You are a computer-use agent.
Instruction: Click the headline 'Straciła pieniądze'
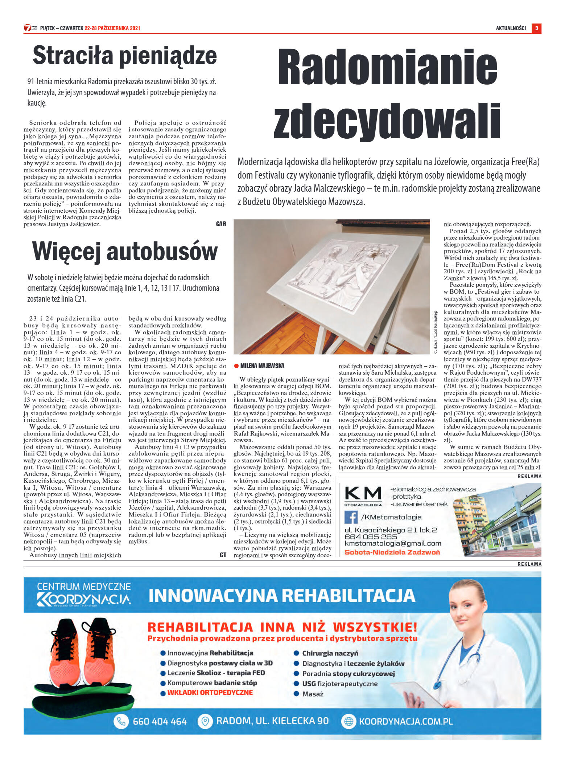coord(125,56)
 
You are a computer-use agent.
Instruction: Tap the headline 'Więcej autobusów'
coord(125,251)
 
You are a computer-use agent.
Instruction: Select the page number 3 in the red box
coord(536,28)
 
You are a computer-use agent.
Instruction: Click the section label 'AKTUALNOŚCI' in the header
coord(511,28)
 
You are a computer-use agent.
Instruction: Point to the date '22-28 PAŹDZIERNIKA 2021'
coord(112,28)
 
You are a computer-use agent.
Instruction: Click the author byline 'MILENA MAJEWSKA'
coord(262,366)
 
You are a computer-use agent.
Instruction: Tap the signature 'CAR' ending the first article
coord(221,224)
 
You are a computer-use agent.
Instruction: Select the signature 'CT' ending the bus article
coord(223,555)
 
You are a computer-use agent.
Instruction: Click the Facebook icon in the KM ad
coord(351,517)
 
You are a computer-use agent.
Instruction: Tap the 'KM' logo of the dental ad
coord(363,494)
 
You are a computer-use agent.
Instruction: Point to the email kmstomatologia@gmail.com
coord(393,543)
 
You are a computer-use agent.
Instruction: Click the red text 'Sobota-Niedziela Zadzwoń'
coord(392,552)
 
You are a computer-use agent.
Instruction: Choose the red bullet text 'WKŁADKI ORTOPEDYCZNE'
coord(210,693)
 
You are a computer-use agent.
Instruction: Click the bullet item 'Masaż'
coord(313,694)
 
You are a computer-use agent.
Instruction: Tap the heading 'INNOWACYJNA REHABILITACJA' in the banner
coord(282,596)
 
